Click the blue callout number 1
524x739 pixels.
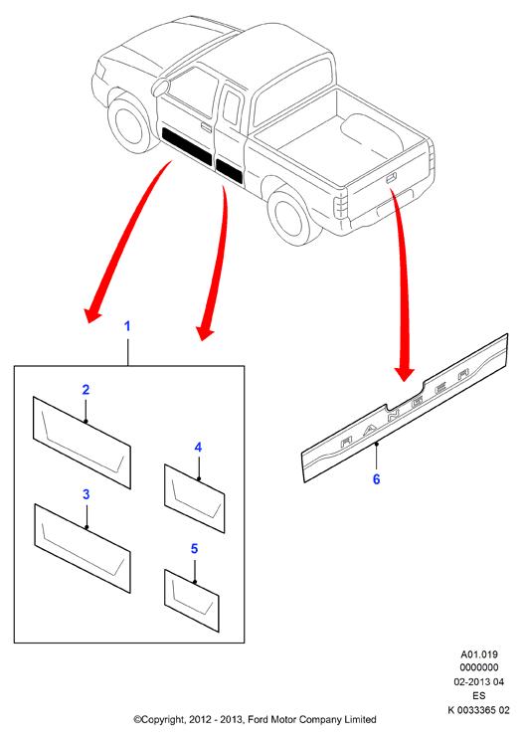[x=126, y=325]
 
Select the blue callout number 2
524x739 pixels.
[x=86, y=390]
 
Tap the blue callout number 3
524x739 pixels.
[x=86, y=494]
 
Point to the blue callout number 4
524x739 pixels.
[x=198, y=448]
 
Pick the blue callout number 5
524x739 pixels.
[x=194, y=549]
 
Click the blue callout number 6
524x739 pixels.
[x=376, y=479]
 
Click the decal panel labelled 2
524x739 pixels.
[x=82, y=442]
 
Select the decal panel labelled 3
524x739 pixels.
[x=82, y=548]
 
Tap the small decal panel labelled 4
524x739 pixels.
[x=194, y=498]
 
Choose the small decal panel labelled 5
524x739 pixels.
[x=191, y=601]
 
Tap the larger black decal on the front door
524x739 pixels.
[x=187, y=145]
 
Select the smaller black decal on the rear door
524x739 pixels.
[x=229, y=171]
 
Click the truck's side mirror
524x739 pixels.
[x=160, y=88]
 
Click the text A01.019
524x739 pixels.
[x=479, y=654]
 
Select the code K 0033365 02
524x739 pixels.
[x=478, y=710]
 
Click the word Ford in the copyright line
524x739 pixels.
[x=258, y=719]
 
